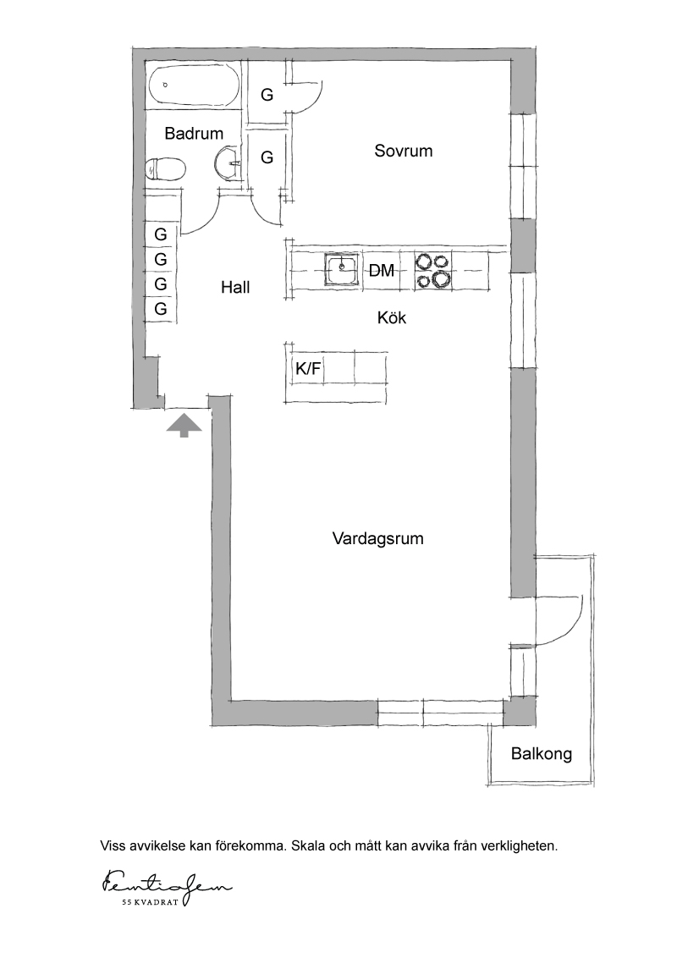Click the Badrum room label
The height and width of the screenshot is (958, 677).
pyautogui.click(x=194, y=133)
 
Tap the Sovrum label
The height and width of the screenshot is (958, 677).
pyautogui.click(x=404, y=151)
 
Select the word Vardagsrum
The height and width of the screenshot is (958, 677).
pyautogui.click(x=377, y=538)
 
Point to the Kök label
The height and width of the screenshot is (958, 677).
pyautogui.click(x=392, y=317)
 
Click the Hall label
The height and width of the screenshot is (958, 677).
pyautogui.click(x=235, y=287)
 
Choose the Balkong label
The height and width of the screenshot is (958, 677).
pyautogui.click(x=542, y=753)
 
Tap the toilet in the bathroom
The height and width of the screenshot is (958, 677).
pyautogui.click(x=165, y=168)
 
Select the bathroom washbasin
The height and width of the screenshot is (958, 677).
pyautogui.click(x=228, y=163)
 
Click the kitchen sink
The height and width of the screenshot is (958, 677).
pyautogui.click(x=342, y=269)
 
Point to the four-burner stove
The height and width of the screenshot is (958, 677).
pyautogui.click(x=433, y=269)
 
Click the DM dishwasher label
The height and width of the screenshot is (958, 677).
pyautogui.click(x=382, y=270)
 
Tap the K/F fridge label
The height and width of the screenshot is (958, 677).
pyautogui.click(x=308, y=368)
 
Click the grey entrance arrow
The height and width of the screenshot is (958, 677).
pyautogui.click(x=184, y=426)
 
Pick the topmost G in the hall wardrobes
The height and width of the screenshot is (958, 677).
pyautogui.click(x=161, y=234)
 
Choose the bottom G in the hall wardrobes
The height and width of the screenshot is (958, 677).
pyautogui.click(x=161, y=309)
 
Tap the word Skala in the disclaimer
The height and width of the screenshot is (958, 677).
pyautogui.click(x=309, y=846)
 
